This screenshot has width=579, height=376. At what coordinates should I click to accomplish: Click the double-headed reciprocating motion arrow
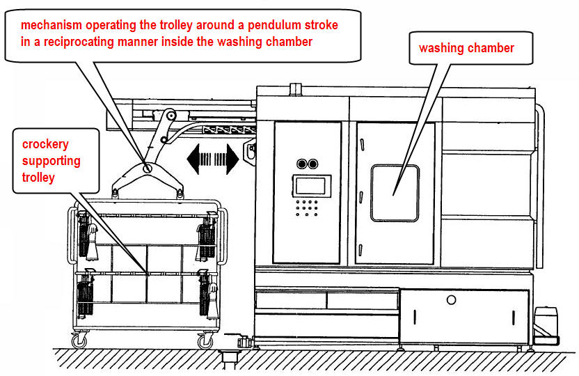point(212,159)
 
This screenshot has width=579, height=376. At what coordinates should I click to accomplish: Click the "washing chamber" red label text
point(466,48)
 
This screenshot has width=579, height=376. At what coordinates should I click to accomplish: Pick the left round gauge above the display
point(301,164)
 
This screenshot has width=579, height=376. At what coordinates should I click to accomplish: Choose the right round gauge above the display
point(312,164)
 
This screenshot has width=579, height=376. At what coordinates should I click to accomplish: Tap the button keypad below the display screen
point(307,207)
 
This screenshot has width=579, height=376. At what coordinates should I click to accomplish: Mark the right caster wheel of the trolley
point(205,341)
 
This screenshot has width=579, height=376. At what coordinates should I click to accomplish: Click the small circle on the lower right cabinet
point(452,300)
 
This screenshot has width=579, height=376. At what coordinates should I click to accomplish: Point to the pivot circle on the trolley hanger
point(148,168)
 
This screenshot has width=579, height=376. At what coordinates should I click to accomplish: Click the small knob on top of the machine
point(295,88)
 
